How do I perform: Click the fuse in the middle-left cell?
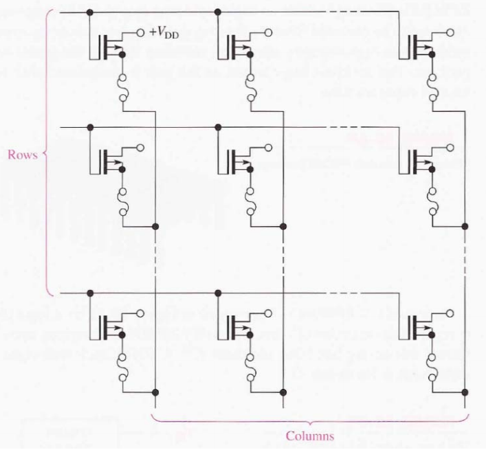(x=122, y=197)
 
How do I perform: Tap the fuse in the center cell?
(x=250, y=197)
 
